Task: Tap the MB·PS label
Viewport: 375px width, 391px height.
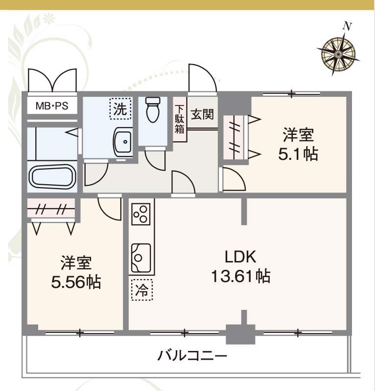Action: [51, 106]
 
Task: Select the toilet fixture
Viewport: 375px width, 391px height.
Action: [153, 111]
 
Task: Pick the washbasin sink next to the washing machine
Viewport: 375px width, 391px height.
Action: [122, 142]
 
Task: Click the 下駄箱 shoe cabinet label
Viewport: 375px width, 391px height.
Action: [180, 120]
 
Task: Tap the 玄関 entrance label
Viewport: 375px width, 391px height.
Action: [202, 115]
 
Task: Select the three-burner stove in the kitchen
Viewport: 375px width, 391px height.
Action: [141, 213]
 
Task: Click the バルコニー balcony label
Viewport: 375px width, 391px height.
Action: [192, 355]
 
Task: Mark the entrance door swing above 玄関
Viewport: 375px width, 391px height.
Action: [202, 79]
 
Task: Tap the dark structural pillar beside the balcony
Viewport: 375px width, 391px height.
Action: [240, 335]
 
